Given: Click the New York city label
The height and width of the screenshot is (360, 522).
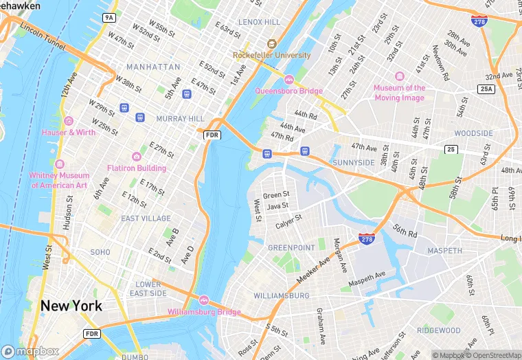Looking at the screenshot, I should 71,306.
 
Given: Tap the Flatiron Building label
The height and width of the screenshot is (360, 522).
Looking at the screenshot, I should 136,168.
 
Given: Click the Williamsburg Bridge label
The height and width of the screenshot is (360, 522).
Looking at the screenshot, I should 204,313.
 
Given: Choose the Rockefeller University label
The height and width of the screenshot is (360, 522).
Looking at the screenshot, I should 272,55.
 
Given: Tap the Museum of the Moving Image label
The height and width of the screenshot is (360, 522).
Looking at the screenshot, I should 400,93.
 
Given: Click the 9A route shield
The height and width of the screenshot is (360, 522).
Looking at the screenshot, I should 109,17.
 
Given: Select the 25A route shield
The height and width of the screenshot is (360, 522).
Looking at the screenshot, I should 486,89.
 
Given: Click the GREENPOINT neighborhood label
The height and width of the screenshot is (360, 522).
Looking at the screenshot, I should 291,247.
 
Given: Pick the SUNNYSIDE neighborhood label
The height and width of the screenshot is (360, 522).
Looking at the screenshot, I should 353,162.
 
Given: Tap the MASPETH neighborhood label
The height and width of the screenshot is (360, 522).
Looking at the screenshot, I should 444,251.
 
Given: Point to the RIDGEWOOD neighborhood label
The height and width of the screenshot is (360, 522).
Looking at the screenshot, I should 438,330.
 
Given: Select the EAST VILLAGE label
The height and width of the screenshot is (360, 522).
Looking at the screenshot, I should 146,218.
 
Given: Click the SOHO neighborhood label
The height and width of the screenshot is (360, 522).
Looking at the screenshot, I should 100,252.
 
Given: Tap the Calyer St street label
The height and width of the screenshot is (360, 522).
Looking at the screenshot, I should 288,222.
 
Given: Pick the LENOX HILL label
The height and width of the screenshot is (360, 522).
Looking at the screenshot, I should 259,22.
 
